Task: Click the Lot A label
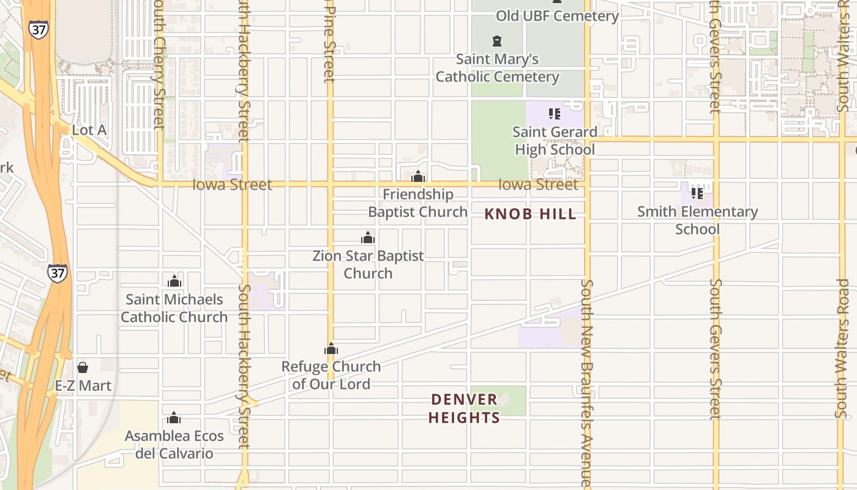coord(89,130)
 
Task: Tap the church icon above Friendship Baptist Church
coord(418,177)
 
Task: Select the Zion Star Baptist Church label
coord(368,265)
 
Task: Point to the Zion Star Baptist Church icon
coord(368,238)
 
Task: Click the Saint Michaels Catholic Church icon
coord(174,281)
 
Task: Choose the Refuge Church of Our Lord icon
coord(331,349)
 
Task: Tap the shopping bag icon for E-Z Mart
coord(83,367)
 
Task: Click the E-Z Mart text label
coord(83,386)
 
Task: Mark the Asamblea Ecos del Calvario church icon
coord(174,418)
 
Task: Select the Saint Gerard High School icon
coord(555,113)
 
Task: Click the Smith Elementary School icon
coord(697,193)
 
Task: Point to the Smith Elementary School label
coord(697,221)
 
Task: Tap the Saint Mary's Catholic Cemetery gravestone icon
coord(497,41)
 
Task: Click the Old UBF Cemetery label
coord(557,16)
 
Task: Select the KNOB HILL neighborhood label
coord(530,214)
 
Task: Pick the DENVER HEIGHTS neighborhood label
coord(465,409)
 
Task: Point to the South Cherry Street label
coord(160,64)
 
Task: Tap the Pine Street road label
coord(330,43)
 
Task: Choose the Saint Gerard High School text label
coord(555,141)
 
